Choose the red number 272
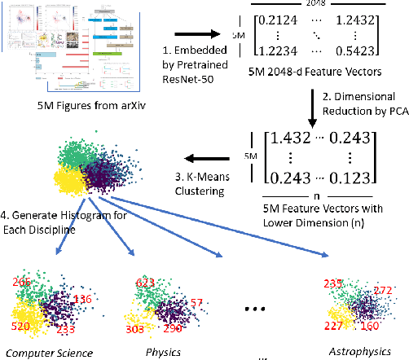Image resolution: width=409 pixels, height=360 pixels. (x=382, y=291)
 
